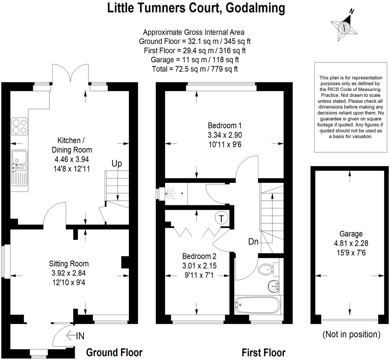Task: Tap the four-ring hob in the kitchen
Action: (x=19, y=126)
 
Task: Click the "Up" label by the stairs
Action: (x=117, y=163)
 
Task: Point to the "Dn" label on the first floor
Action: (x=253, y=242)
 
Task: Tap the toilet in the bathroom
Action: (x=267, y=269)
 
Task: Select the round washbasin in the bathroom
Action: (x=273, y=286)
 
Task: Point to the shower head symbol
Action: (x=169, y=194)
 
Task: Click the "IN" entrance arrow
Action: (x=75, y=335)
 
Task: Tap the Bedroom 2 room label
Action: (x=199, y=256)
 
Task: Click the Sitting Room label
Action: (x=68, y=264)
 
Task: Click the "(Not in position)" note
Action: (x=351, y=334)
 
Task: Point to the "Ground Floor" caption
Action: (x=114, y=352)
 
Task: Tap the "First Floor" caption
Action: (x=263, y=352)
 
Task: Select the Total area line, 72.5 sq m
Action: (x=195, y=69)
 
